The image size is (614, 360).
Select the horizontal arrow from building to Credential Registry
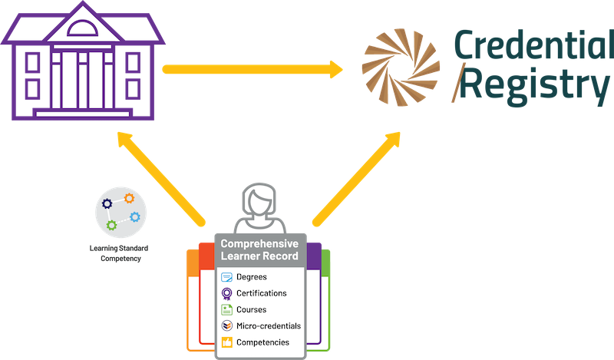253,70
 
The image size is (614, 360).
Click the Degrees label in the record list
253,277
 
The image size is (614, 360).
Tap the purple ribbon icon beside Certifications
226,293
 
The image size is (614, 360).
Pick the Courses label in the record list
252,309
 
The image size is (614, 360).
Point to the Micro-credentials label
268,325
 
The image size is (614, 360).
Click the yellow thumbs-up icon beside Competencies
226,342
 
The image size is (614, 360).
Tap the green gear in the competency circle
112,225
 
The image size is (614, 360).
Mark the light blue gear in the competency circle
134,216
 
